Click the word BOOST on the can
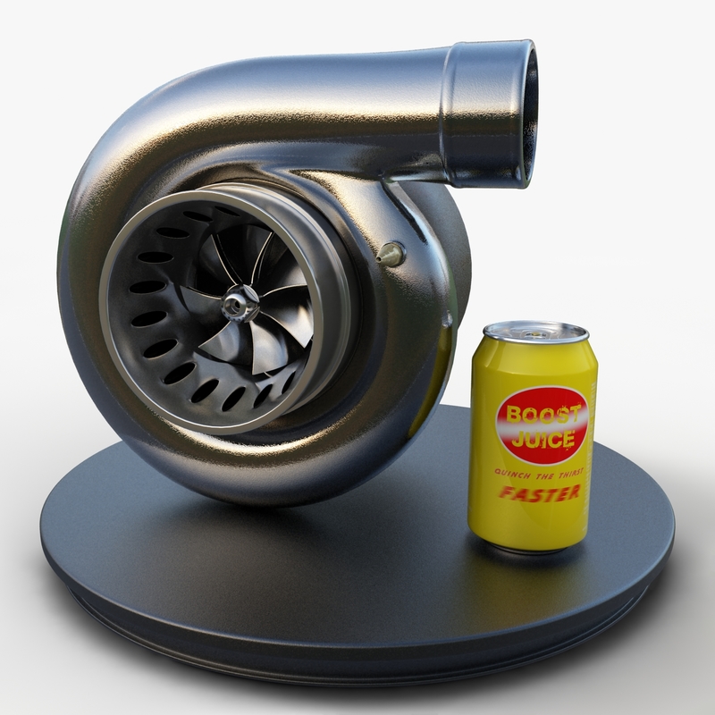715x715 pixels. pyautogui.click(x=543, y=415)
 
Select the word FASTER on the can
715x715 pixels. pyautogui.click(x=539, y=492)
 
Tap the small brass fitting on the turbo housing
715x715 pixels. pyautogui.click(x=390, y=254)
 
